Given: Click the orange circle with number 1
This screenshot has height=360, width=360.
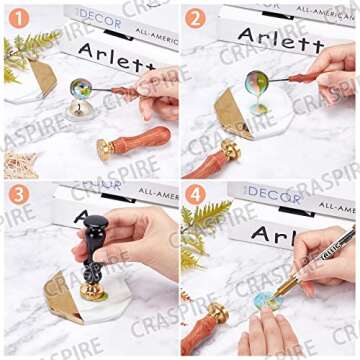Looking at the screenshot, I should [16, 17].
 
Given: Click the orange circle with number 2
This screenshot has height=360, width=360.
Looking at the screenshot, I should [197, 17].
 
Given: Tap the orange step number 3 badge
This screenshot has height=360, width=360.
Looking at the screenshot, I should [17, 195].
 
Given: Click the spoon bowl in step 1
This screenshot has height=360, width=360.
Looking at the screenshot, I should [81, 88].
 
